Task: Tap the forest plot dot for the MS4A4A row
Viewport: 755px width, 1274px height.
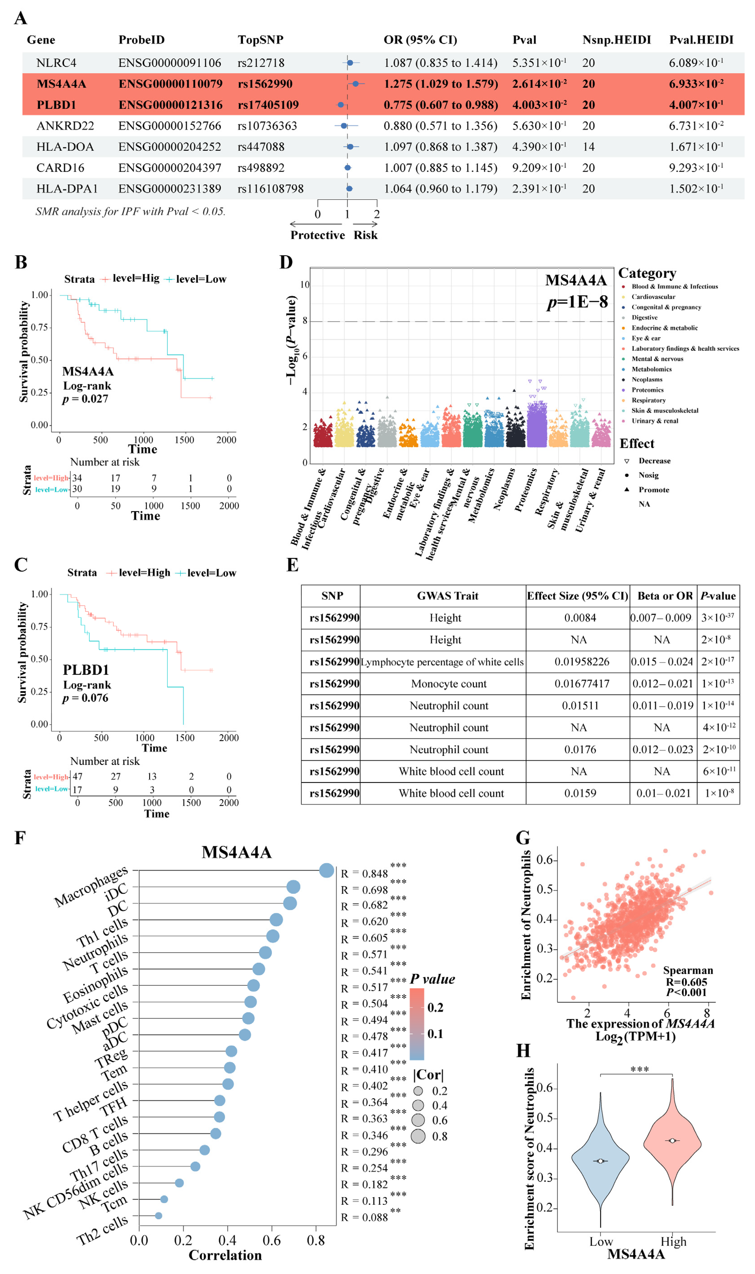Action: (x=356, y=83)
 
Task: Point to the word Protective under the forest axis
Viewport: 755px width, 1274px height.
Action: (x=318, y=235)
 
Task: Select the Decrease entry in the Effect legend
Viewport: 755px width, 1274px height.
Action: (x=654, y=460)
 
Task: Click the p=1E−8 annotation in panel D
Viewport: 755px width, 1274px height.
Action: (x=577, y=302)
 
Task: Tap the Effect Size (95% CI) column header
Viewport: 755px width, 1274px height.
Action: (x=577, y=596)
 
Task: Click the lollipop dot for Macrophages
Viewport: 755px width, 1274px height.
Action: (x=327, y=870)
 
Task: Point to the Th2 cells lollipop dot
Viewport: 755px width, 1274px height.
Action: (x=158, y=1215)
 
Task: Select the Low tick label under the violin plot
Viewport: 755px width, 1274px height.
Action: (x=601, y=1242)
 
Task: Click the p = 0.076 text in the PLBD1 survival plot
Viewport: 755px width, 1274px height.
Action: (x=85, y=698)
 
